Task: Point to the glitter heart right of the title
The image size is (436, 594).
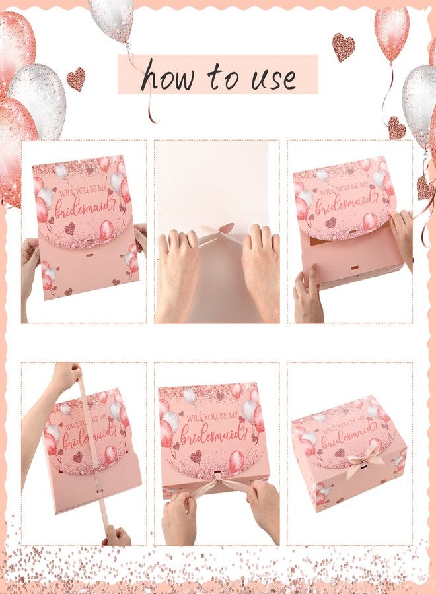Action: coord(344,47)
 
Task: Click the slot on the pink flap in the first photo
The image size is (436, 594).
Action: coord(90,241)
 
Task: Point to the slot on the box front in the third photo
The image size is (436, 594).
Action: coord(355,268)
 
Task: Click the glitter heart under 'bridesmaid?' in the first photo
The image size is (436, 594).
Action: coord(69,228)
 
